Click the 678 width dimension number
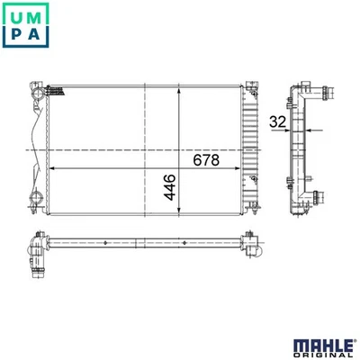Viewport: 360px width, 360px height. coord(206,160)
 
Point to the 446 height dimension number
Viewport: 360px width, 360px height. coord(170,187)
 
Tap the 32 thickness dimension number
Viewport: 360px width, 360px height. coord(278,121)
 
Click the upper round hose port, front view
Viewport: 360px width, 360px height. coord(39,94)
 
